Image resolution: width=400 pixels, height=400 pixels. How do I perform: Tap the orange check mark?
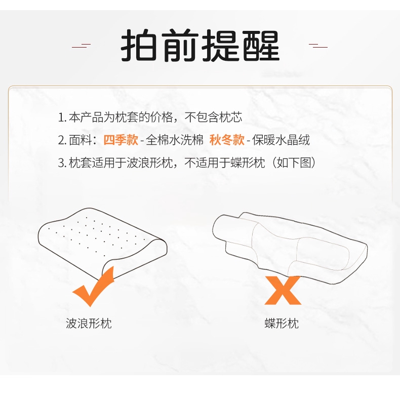pyautogui.click(x=94, y=289)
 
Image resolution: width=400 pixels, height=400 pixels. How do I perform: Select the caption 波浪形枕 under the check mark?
pyautogui.click(x=89, y=324)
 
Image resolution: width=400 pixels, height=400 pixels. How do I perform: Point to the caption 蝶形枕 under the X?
pyautogui.click(x=282, y=324)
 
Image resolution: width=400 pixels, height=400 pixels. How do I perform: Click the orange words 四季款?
pyautogui.click(x=121, y=140)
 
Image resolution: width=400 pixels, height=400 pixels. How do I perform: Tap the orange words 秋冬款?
pyautogui.click(x=227, y=140)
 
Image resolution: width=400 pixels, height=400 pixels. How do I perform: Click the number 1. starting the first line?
pyautogui.click(x=62, y=118)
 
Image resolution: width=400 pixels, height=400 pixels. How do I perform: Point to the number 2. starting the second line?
pyautogui.click(x=62, y=140)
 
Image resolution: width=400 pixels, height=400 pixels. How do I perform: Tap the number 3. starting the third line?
pyautogui.click(x=62, y=163)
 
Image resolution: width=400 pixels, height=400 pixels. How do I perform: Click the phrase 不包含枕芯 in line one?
pyautogui.click(x=213, y=118)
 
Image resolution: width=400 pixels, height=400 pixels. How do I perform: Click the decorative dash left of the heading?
pyautogui.click(x=81, y=46)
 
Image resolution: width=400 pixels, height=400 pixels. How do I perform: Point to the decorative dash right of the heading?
pyautogui.click(x=318, y=46)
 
